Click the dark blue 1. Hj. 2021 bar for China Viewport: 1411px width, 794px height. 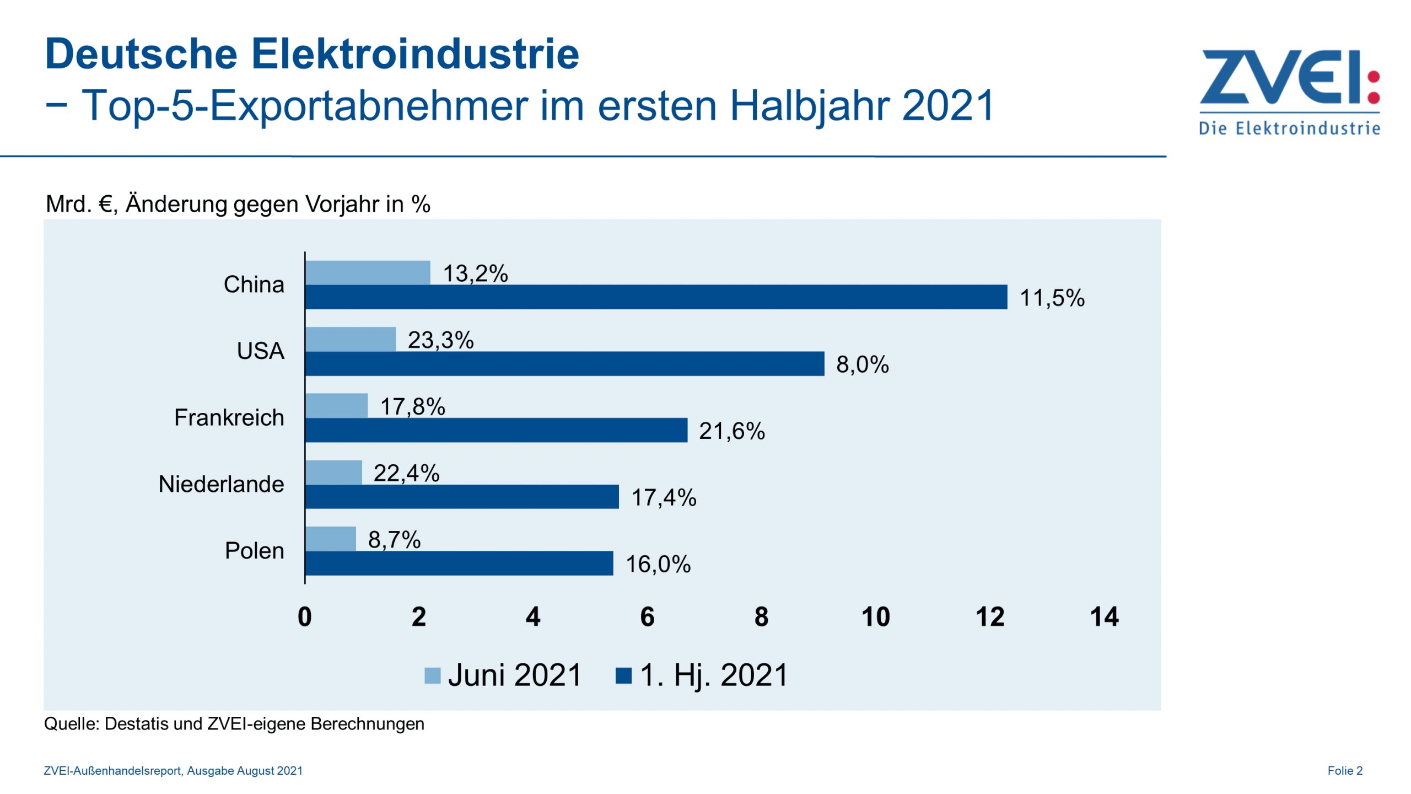[x=656, y=297]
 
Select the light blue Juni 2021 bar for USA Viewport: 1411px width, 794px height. [x=351, y=339]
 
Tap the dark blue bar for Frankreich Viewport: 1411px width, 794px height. [x=496, y=430]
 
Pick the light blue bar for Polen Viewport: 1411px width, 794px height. [x=331, y=539]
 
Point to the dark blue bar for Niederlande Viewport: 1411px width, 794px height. [x=462, y=497]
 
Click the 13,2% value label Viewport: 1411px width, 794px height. [x=475, y=273]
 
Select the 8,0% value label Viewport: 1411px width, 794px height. [x=862, y=364]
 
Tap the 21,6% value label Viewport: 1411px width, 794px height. [x=731, y=431]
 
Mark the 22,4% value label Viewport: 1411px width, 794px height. [x=406, y=473]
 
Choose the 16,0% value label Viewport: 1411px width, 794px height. [x=658, y=564]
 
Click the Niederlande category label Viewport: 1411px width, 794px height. [x=221, y=484]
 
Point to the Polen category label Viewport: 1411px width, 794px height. [x=254, y=551]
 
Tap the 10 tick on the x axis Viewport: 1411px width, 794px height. [x=875, y=617]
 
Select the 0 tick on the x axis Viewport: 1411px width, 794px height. [x=305, y=617]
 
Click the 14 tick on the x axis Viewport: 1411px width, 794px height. [x=1104, y=617]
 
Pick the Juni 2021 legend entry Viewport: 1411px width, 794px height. [x=503, y=675]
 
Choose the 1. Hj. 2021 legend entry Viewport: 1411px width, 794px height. [x=702, y=675]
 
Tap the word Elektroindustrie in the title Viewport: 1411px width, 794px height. [x=415, y=54]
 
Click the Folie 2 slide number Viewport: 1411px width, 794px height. [x=1344, y=771]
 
